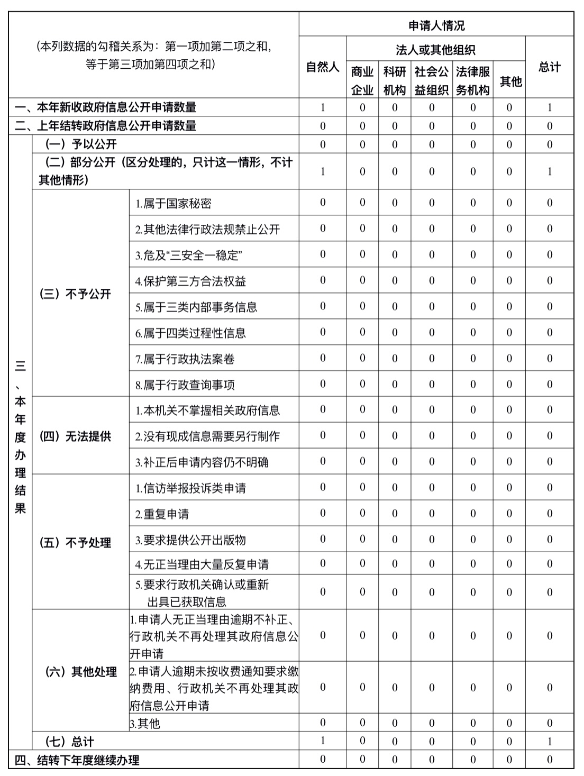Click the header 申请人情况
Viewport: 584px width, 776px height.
tap(436, 25)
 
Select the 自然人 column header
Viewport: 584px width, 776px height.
tap(323, 67)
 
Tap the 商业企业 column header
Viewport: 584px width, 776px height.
tap(362, 80)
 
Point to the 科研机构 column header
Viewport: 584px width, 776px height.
tap(395, 80)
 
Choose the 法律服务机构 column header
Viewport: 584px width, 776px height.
tap(473, 80)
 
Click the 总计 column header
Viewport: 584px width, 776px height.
tap(550, 67)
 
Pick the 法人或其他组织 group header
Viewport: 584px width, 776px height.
tap(435, 50)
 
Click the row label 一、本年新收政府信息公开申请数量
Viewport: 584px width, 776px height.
tap(106, 107)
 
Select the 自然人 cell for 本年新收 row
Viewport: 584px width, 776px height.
tap(323, 107)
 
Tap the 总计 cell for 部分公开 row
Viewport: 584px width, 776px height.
tap(550, 171)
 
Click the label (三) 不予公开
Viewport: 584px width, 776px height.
tap(75, 294)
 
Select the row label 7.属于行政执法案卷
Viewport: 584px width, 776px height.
tap(185, 359)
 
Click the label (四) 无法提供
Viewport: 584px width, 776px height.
tap(75, 436)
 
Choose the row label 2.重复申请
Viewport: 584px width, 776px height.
tap(162, 514)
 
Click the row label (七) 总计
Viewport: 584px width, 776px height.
tap(70, 742)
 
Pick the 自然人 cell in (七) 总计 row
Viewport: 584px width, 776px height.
tap(323, 742)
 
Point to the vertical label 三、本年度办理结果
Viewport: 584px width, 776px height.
tap(20, 437)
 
